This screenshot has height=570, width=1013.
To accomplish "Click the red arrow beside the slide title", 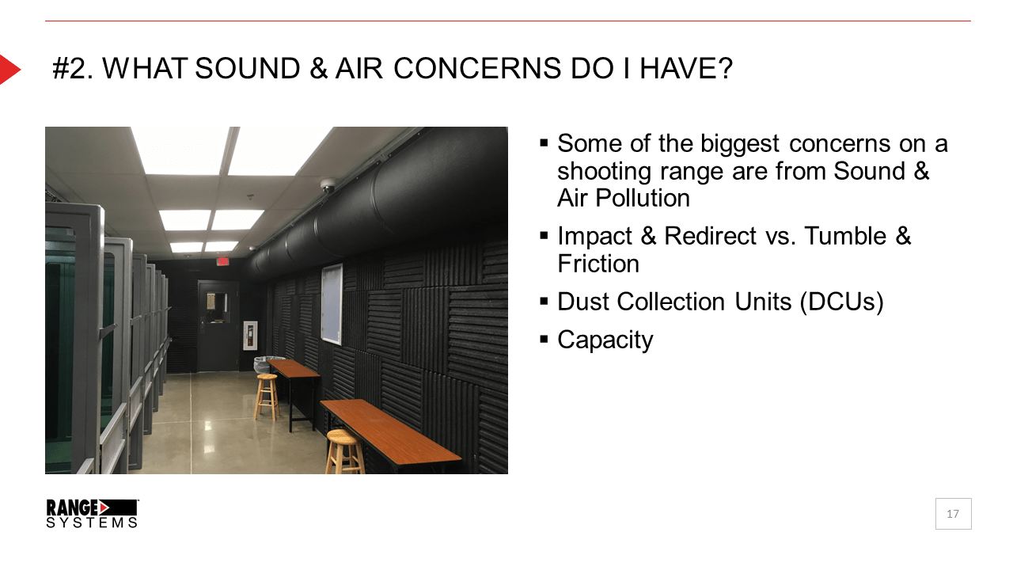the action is pyautogui.click(x=9, y=70).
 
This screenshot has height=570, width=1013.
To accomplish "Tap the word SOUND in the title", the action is pyautogui.click(x=248, y=69).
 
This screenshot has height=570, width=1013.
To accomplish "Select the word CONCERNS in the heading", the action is pyautogui.click(x=477, y=69).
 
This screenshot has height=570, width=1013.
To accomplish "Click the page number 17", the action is pyautogui.click(x=953, y=514).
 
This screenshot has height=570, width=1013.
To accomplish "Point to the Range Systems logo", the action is pyautogui.click(x=93, y=514).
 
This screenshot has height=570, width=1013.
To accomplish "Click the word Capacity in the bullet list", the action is pyautogui.click(x=605, y=340).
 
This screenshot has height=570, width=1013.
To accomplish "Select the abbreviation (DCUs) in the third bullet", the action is pyautogui.click(x=841, y=302).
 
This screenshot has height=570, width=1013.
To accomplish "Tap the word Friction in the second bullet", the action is pyautogui.click(x=598, y=264).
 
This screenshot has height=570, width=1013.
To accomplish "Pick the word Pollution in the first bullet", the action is pyautogui.click(x=643, y=198).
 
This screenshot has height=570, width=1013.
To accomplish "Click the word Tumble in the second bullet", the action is pyautogui.click(x=845, y=236).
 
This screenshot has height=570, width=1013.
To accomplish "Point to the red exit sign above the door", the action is pyautogui.click(x=222, y=261).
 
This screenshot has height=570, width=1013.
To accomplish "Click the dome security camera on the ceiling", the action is pyautogui.click(x=328, y=184).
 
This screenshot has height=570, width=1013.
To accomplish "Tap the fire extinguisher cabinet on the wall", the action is pyautogui.click(x=250, y=335).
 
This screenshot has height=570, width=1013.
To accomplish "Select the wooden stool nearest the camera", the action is pyautogui.click(x=345, y=451).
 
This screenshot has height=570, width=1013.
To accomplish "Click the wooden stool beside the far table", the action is pyautogui.click(x=267, y=397).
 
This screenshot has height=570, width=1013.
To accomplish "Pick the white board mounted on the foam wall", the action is pyautogui.click(x=332, y=305).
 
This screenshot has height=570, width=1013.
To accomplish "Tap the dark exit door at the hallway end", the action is pyautogui.click(x=218, y=326).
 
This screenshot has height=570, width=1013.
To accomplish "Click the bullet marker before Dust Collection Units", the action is pyautogui.click(x=544, y=302).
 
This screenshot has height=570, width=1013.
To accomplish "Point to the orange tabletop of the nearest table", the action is pyautogui.click(x=390, y=430).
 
